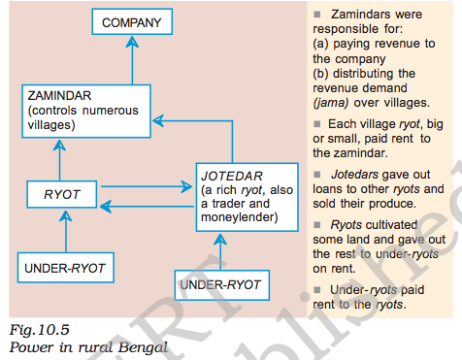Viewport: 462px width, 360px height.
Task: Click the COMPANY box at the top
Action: tap(131, 21)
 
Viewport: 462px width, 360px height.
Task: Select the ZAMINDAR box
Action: tap(85, 110)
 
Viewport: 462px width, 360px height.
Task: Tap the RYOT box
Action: tap(61, 195)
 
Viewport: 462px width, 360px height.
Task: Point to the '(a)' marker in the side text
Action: tap(322, 45)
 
